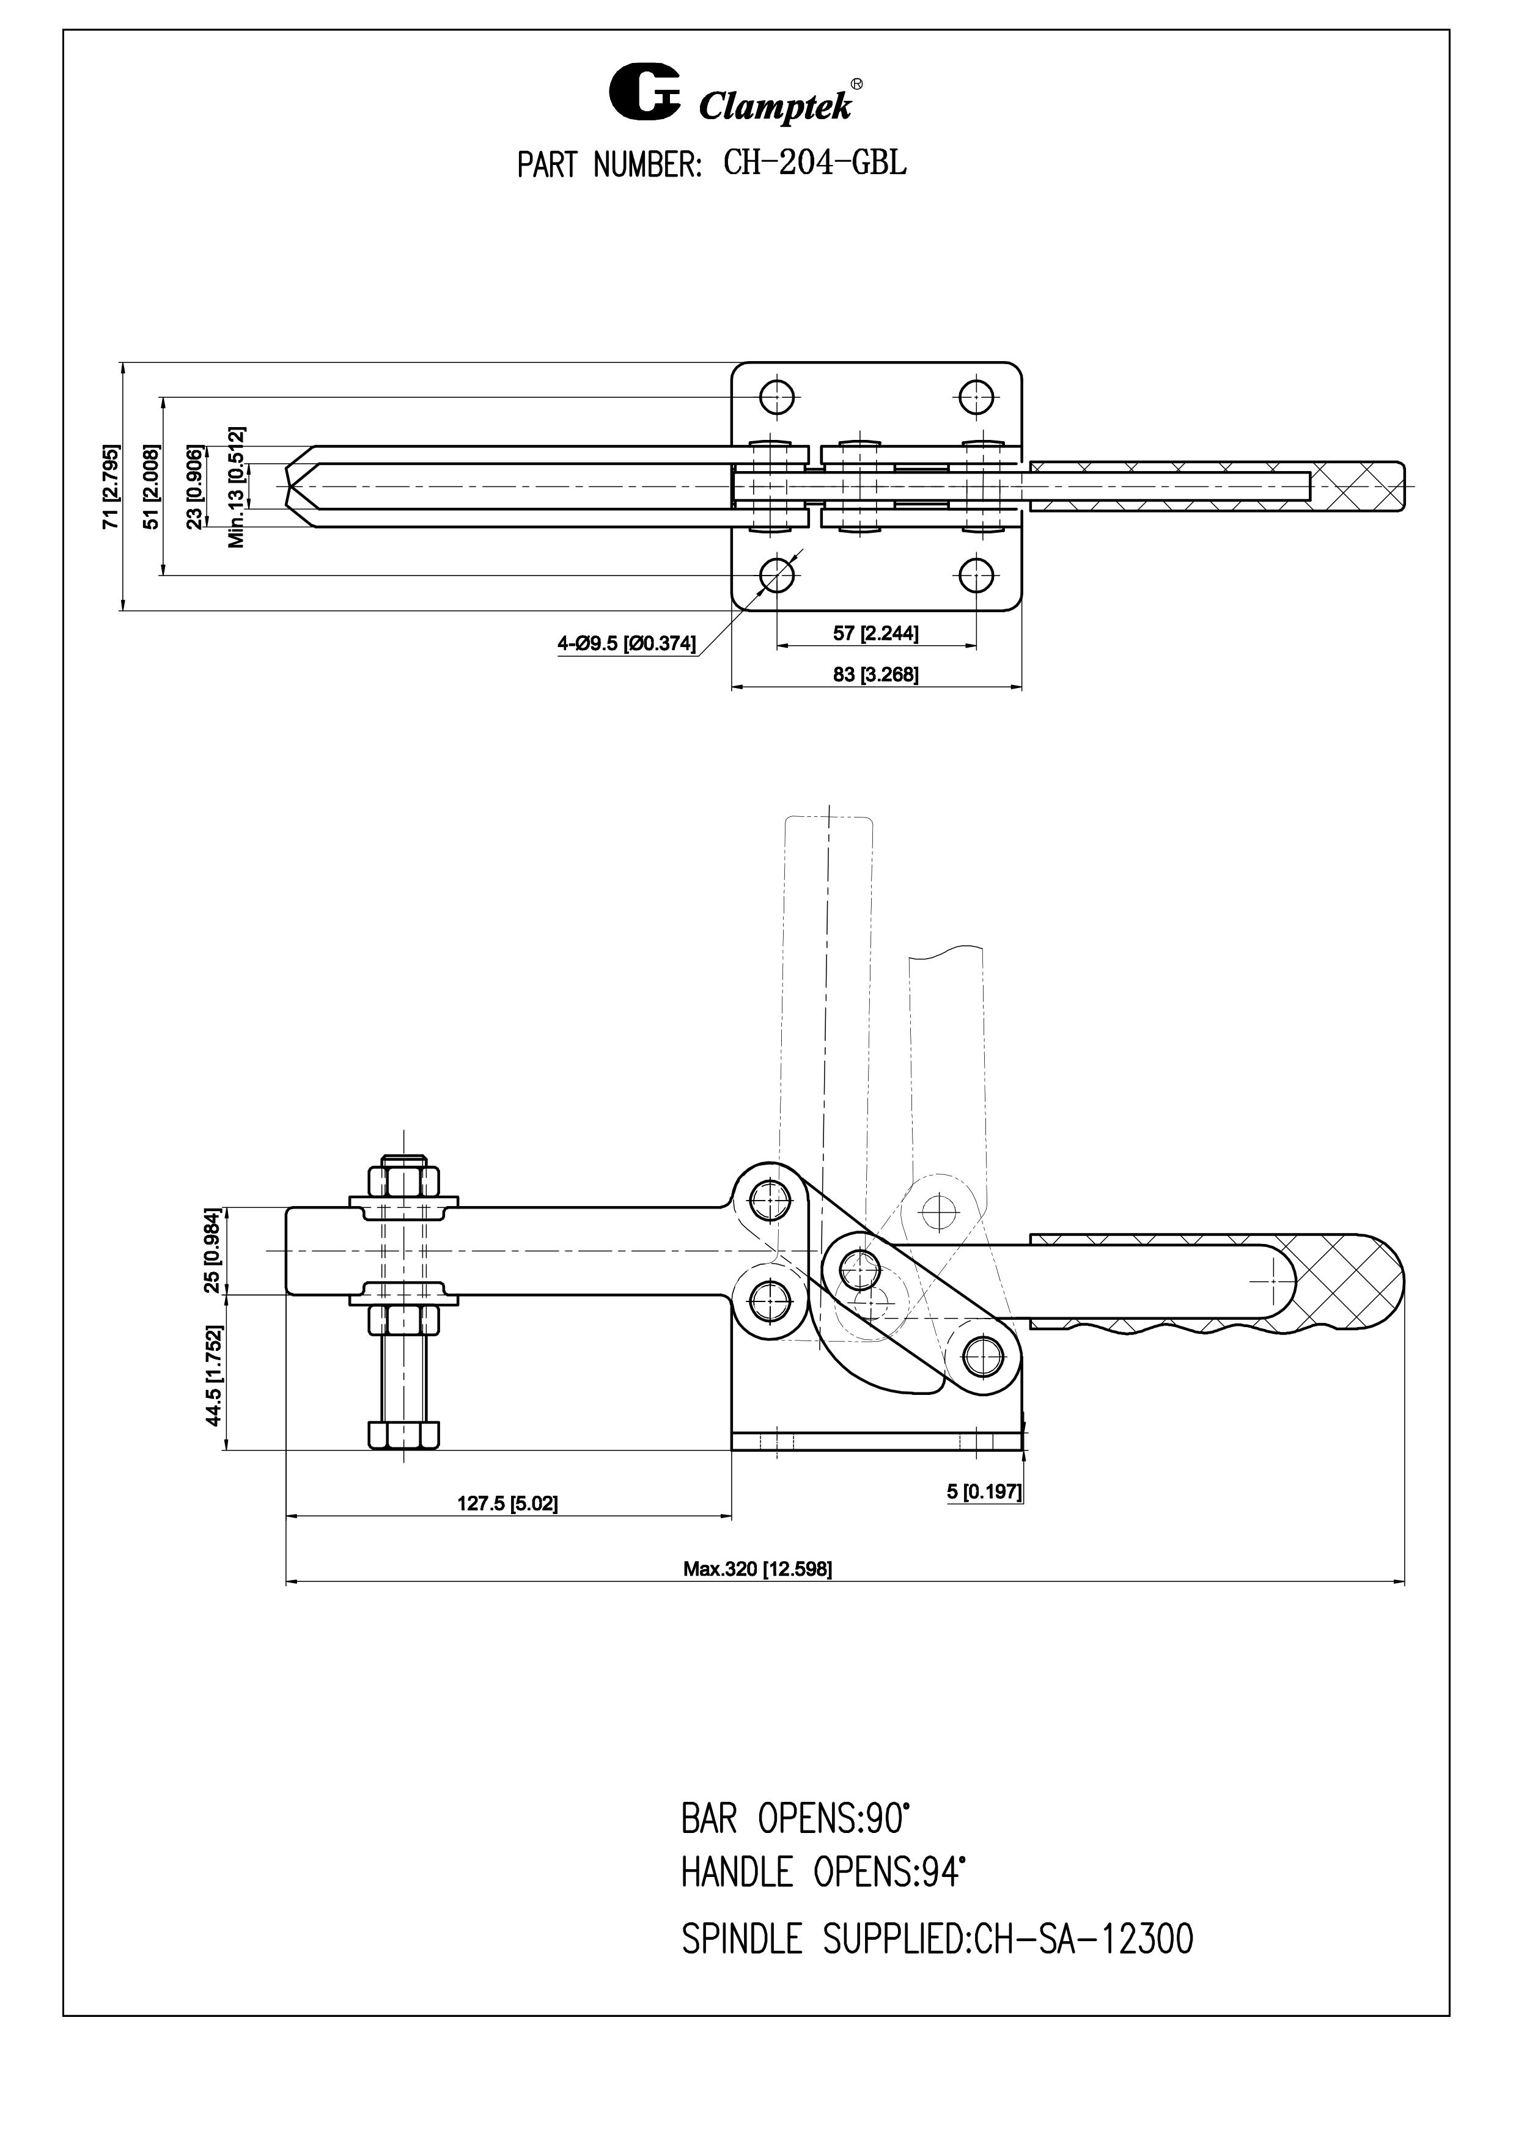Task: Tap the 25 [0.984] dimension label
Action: [212, 1250]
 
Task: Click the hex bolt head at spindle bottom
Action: [403, 1435]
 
